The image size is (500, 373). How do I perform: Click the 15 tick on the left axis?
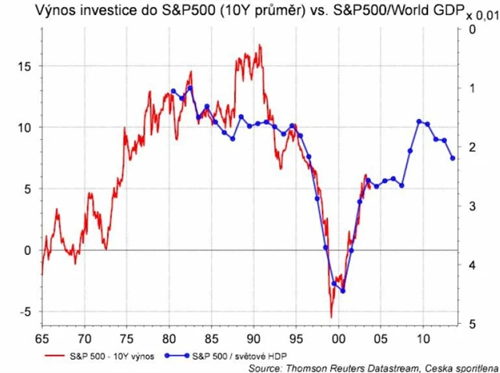tap(25, 66)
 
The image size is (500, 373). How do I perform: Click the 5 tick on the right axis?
tap(471, 324)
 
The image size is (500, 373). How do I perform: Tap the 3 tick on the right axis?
tap(471, 206)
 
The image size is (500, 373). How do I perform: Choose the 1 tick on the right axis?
tap(471, 89)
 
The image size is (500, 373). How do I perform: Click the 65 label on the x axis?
tap(41, 339)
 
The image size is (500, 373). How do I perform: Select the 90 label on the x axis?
tap(253, 339)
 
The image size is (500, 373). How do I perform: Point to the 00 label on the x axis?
tap(338, 339)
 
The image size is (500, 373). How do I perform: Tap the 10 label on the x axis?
tap(423, 339)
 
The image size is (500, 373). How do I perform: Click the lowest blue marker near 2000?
tap(343, 291)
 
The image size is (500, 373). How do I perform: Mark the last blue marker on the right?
tap(453, 159)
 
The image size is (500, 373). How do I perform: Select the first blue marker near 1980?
tap(173, 91)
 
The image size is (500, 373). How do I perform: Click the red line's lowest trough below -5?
tap(331, 317)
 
